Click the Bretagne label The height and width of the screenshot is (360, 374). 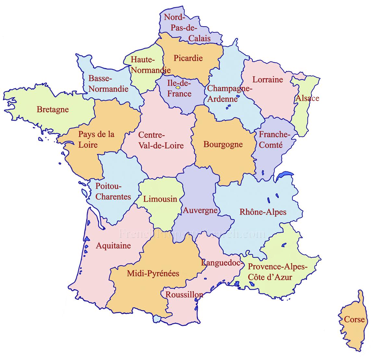(x=53, y=109)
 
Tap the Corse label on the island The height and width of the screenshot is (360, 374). (x=354, y=319)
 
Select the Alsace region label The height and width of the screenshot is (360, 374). (x=307, y=98)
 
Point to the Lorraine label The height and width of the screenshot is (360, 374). (x=268, y=79)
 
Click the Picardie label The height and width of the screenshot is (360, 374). (x=188, y=58)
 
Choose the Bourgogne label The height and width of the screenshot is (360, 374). (x=223, y=144)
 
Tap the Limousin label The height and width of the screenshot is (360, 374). (x=160, y=199)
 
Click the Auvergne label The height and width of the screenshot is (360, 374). (x=200, y=210)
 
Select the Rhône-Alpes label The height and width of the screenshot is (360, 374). (x=263, y=212)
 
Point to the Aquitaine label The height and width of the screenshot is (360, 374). (x=113, y=246)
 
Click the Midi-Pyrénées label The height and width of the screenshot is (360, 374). (x=153, y=273)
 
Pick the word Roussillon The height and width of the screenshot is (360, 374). (x=184, y=294)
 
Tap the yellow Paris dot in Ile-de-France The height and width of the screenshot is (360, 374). (x=178, y=87)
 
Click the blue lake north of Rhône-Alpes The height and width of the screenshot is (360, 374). (x=284, y=175)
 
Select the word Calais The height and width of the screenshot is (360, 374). (x=200, y=38)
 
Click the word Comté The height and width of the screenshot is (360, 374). (x=271, y=145)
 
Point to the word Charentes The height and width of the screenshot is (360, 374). (x=113, y=197)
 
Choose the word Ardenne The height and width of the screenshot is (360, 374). (x=223, y=99)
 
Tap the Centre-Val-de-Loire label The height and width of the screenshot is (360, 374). (x=161, y=140)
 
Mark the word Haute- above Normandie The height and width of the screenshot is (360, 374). (x=143, y=60)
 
